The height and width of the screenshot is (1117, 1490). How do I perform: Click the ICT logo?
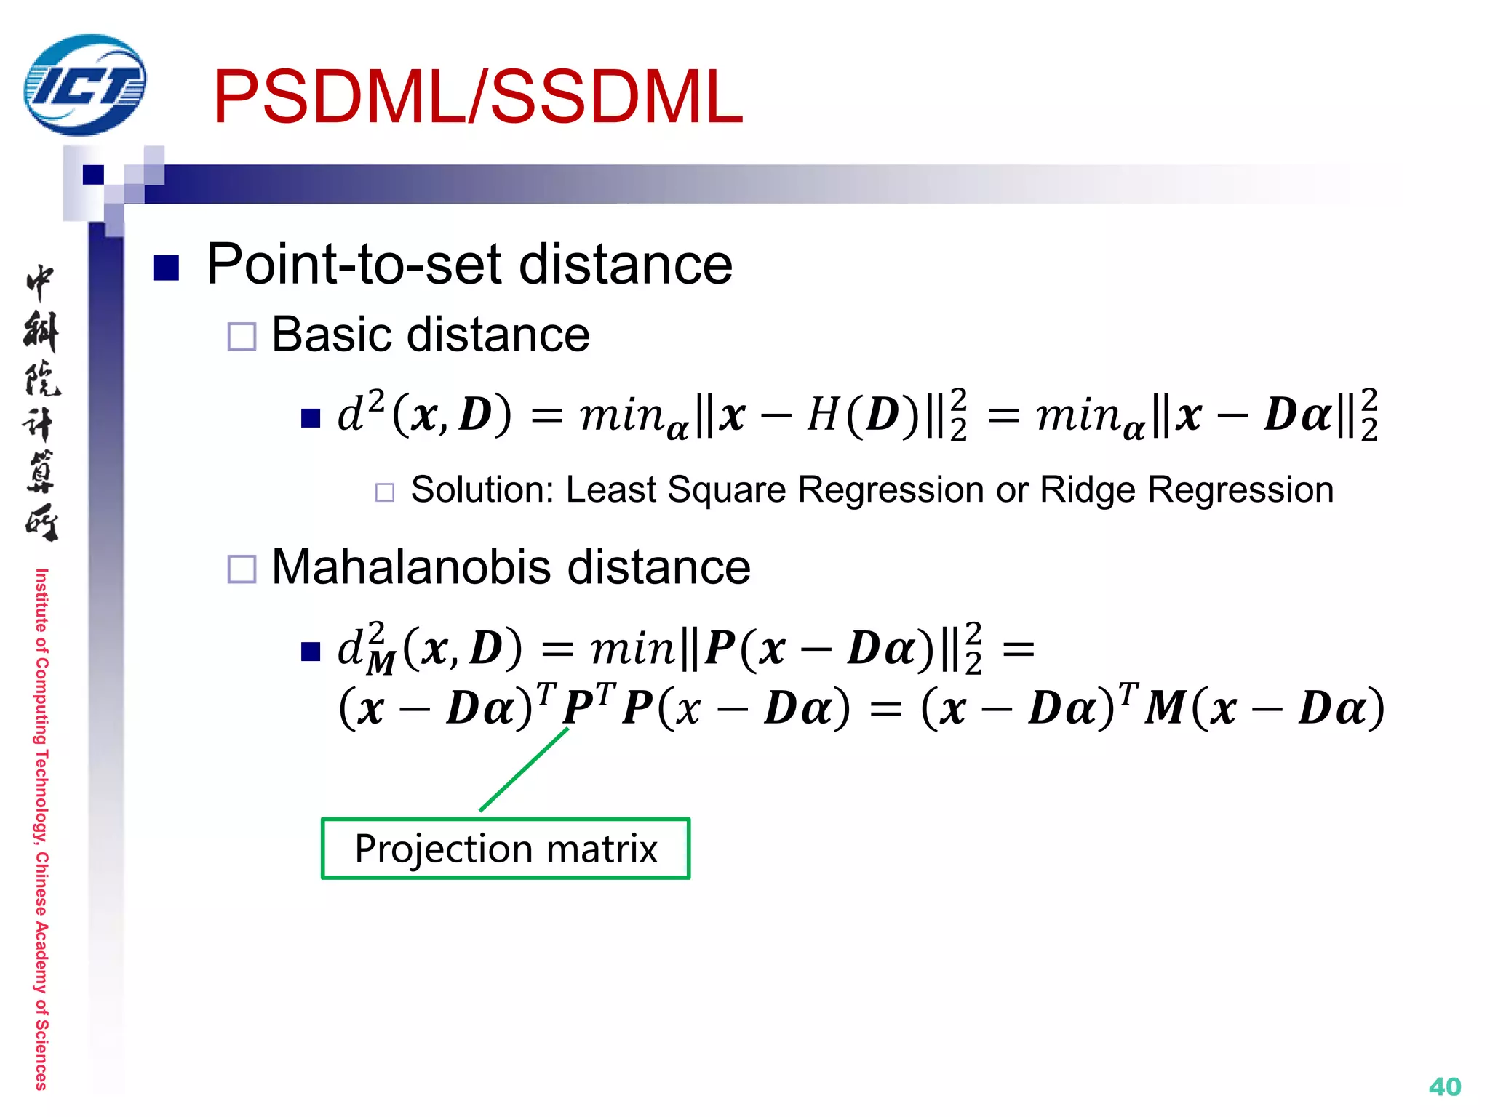84,86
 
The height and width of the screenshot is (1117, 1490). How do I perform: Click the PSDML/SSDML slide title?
477,97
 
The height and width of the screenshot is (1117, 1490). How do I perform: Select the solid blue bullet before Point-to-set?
167,268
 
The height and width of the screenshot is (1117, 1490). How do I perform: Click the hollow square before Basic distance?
242,337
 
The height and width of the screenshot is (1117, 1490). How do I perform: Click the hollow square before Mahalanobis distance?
242,569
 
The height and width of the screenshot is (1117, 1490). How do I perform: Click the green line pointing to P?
524,769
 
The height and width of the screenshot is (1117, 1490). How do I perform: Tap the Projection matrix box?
506,849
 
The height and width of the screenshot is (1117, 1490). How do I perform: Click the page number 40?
1444,1086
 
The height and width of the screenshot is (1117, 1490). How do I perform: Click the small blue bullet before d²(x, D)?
311,418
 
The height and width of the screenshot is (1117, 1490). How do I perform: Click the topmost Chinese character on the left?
40,282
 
